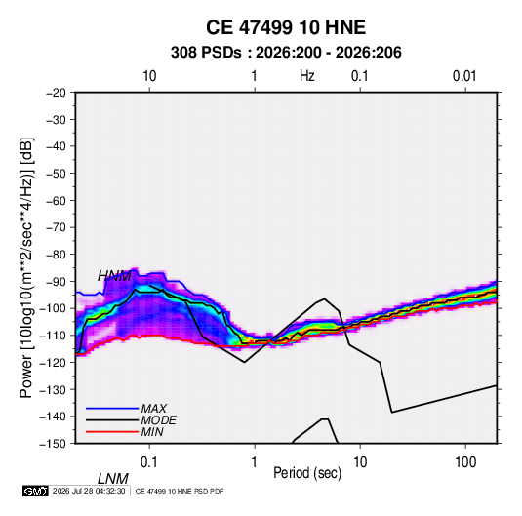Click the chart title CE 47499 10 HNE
286,27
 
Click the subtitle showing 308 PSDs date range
286,53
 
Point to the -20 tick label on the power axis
56,93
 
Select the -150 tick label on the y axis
53,444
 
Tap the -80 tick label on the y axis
56,255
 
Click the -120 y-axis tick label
53,362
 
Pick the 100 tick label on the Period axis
465,462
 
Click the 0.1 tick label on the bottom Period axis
149,462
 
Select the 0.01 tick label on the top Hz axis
464,76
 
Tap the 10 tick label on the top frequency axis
149,76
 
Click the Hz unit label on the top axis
307,76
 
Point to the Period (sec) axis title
307,473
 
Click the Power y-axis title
26,268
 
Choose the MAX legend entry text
154,409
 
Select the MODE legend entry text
158,420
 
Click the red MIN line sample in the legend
112,432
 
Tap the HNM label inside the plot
114,276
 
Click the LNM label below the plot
112,479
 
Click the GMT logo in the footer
35,491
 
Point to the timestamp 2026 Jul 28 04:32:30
89,491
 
